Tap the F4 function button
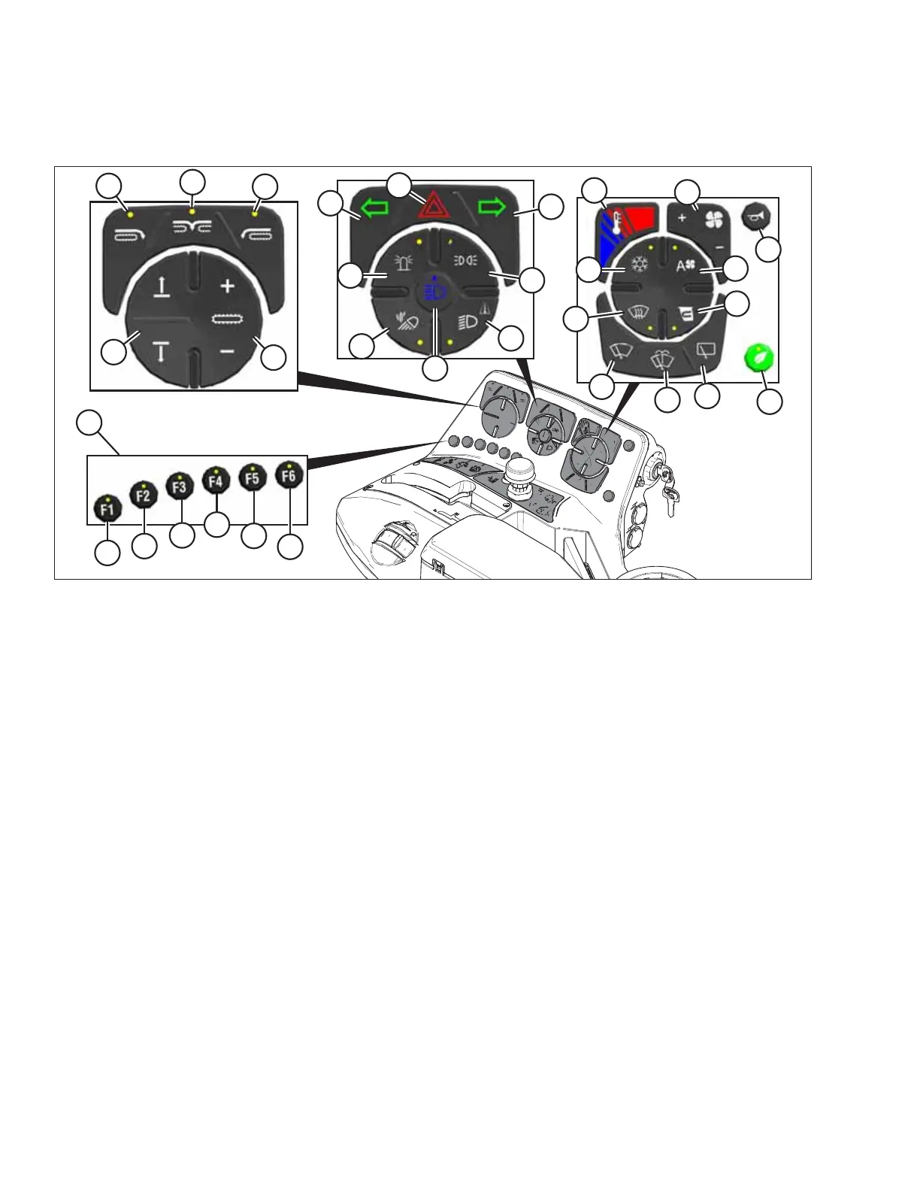click(216, 480)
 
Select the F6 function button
click(289, 475)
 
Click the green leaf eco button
click(758, 358)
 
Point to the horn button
click(754, 217)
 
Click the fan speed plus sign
click(682, 218)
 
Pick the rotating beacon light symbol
click(402, 263)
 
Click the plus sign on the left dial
click(227, 286)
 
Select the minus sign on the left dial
click(228, 351)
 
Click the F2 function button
click(144, 495)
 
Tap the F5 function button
click(253, 478)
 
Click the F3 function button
click(180, 486)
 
